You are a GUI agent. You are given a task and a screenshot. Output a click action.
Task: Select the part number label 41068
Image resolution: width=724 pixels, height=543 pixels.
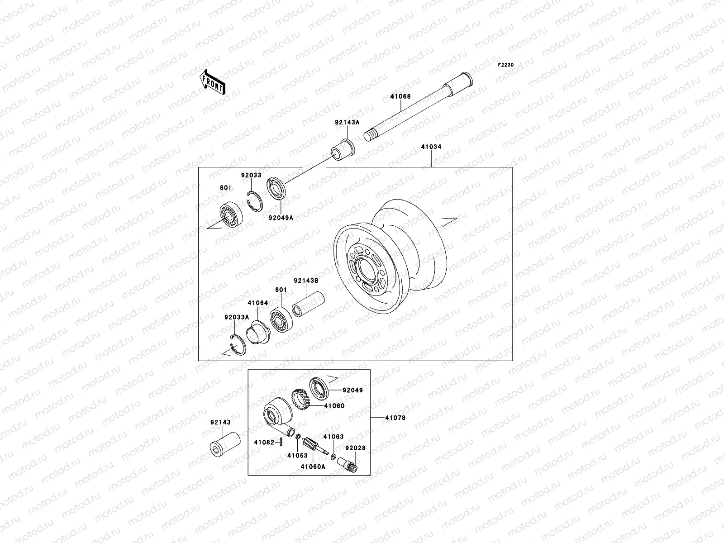[x=401, y=96]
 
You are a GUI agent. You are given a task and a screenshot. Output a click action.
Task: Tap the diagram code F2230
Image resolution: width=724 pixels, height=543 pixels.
[x=506, y=65]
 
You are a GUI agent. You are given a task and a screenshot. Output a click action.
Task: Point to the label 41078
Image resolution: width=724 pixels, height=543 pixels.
[x=395, y=418]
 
